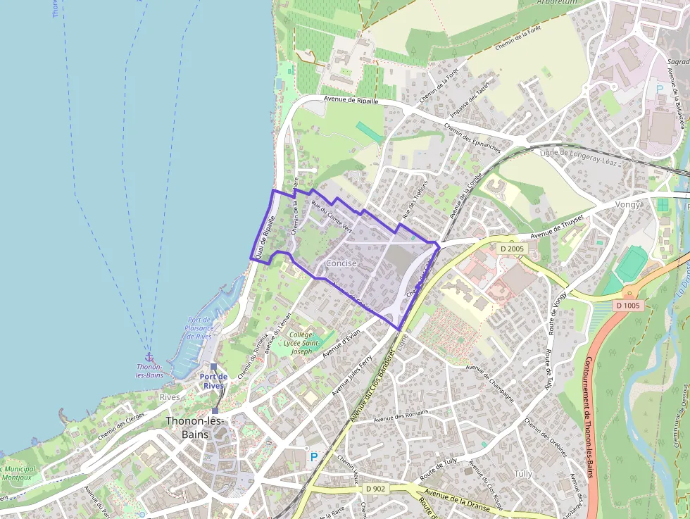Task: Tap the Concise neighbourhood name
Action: click(341, 263)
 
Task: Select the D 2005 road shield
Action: click(513, 249)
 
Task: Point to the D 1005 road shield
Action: click(628, 305)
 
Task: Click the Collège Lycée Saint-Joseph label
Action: click(301, 342)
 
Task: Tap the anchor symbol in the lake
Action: click(149, 357)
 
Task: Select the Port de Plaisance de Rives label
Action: click(199, 327)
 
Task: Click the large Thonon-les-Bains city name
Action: click(194, 427)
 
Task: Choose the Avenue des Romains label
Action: click(402, 418)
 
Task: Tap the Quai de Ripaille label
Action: click(265, 239)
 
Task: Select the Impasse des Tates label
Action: click(470, 103)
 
